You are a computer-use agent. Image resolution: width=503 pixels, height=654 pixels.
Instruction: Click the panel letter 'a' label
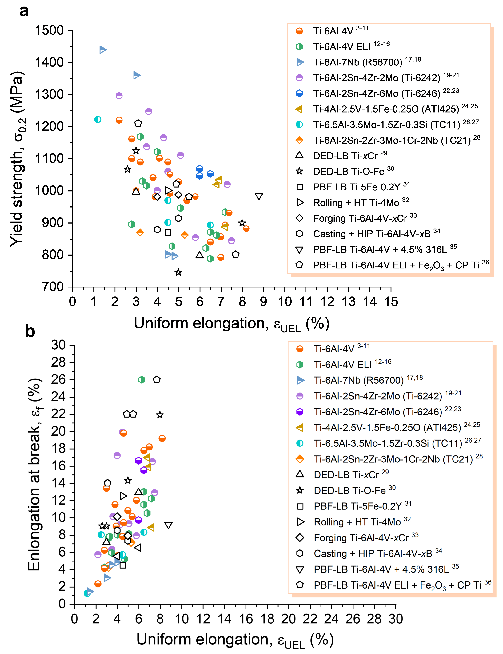click(24, 11)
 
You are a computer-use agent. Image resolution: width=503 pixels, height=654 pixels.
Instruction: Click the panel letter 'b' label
click(30, 332)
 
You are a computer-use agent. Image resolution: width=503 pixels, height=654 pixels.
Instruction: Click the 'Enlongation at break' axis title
click(34, 474)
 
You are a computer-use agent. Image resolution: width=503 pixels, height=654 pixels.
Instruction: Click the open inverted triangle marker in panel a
click(259, 196)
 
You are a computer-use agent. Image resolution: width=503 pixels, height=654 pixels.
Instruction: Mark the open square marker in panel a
click(168, 232)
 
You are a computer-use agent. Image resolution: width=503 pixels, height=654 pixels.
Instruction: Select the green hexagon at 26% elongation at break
click(142, 379)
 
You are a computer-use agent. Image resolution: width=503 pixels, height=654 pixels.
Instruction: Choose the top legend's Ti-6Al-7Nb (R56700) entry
click(358, 62)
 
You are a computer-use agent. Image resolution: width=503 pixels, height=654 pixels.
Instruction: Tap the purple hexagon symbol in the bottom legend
click(300, 412)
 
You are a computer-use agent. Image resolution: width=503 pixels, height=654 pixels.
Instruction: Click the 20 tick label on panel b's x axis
click(289, 619)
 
